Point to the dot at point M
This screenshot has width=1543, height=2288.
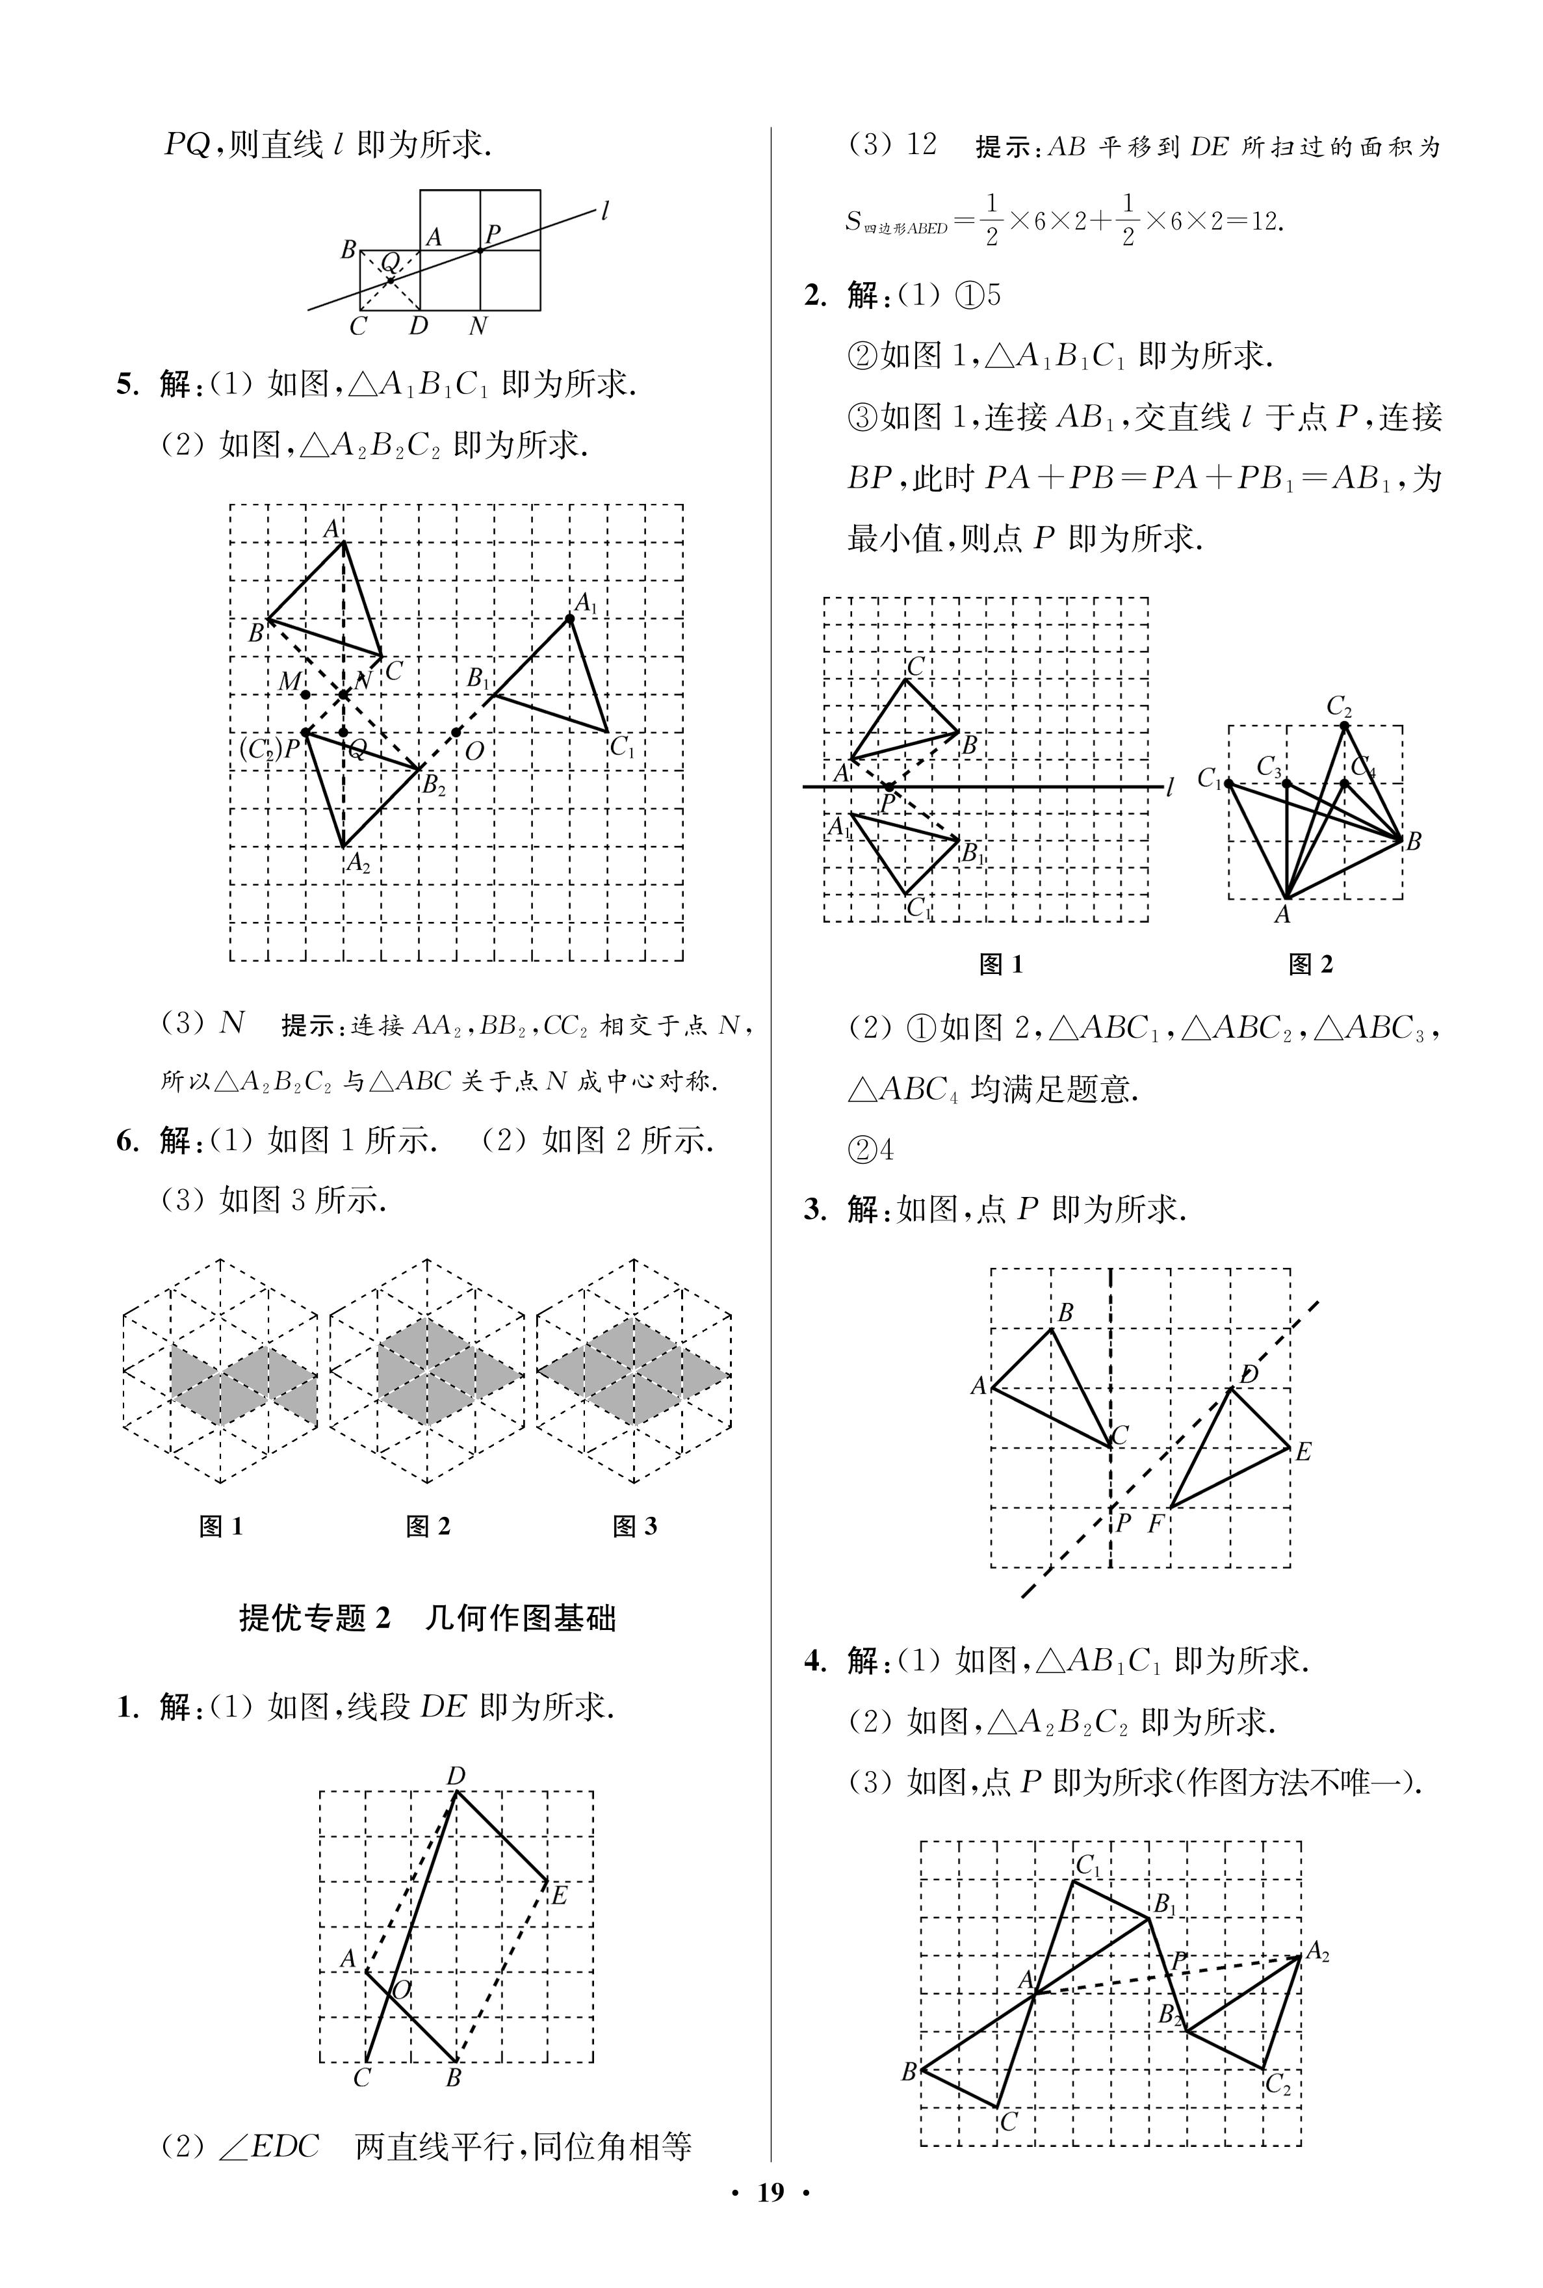point(306,695)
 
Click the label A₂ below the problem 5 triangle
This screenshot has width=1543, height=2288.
point(358,864)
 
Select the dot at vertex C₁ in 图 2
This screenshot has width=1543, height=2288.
point(1229,783)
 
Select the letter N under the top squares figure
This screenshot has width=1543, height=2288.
point(478,326)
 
